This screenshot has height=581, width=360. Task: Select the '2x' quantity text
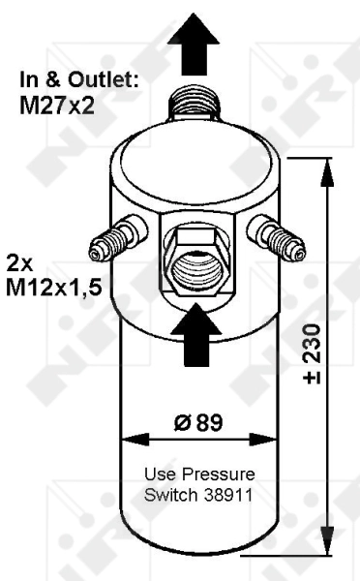coord(19,261)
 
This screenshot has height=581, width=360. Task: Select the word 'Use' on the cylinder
coord(157,474)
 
